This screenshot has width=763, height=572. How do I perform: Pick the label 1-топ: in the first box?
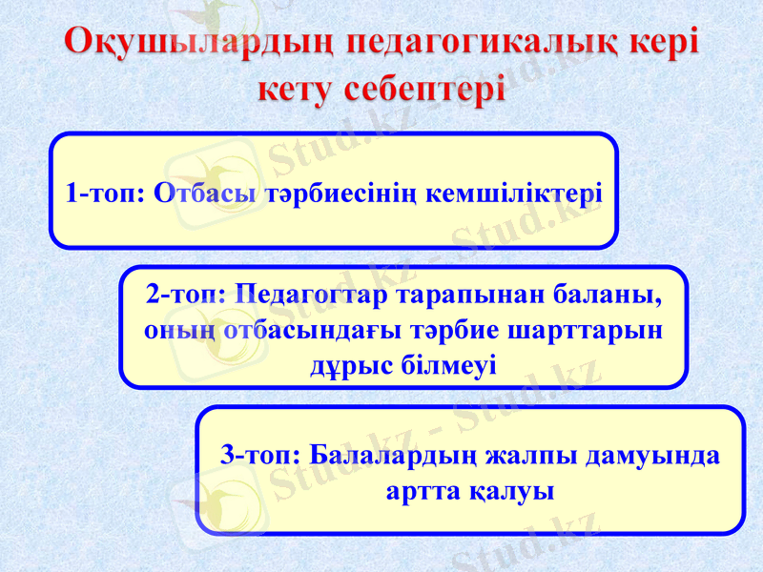point(106,194)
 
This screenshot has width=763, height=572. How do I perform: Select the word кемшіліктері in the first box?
point(514,194)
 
